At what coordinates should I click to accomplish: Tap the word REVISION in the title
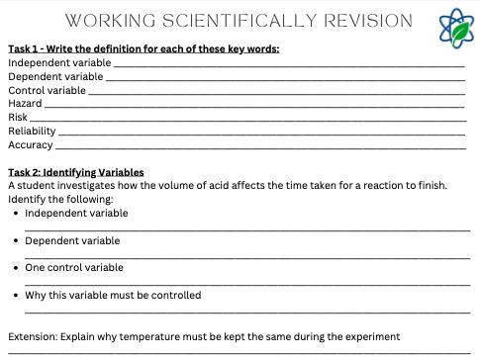[361, 21]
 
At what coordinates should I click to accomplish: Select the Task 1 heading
[144, 48]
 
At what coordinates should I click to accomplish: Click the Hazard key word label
[25, 104]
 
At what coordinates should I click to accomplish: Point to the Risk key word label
[18, 118]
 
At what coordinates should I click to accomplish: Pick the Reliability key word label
[32, 132]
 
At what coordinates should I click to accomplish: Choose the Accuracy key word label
[30, 145]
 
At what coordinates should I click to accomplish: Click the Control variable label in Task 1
[47, 90]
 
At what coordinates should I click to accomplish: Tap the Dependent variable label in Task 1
[54, 76]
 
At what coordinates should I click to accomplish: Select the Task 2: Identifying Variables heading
[75, 172]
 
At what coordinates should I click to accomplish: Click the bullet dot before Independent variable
[16, 213]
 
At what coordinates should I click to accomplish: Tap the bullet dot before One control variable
[16, 268]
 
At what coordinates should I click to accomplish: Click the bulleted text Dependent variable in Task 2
[72, 240]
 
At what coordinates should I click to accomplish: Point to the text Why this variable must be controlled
[113, 295]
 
